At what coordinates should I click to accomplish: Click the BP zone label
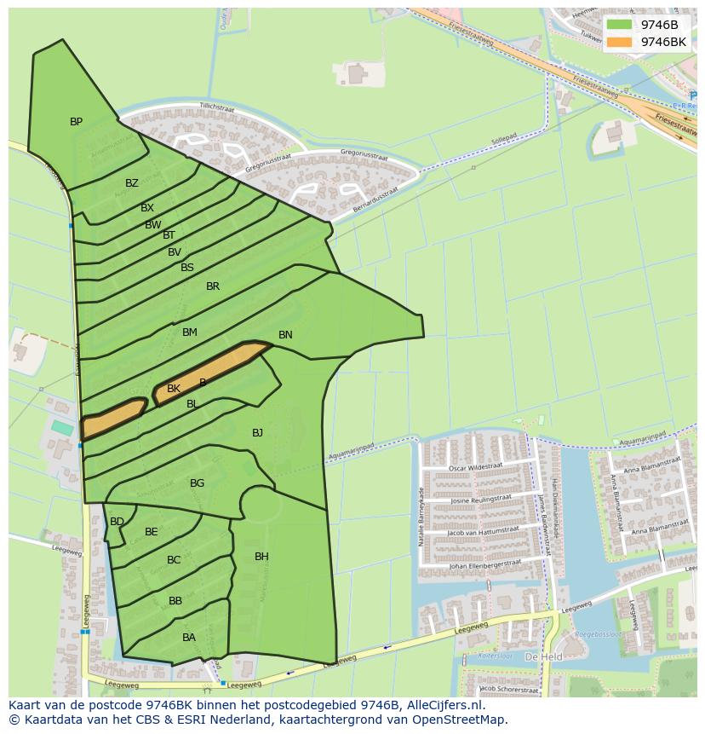click(77, 122)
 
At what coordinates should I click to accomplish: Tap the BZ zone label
click(131, 183)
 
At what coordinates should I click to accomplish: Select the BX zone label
click(147, 208)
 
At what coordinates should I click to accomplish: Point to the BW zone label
click(152, 225)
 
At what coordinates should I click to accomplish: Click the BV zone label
click(175, 252)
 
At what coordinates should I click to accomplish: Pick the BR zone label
click(213, 286)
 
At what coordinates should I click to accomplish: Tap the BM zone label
click(190, 332)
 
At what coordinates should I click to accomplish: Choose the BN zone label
click(285, 335)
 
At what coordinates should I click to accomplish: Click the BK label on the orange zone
click(174, 389)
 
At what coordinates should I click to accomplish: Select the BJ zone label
click(257, 433)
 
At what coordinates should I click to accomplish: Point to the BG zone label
click(197, 483)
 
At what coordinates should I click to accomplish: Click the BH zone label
click(261, 557)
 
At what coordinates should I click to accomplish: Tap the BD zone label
click(117, 522)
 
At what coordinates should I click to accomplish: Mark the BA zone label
click(189, 638)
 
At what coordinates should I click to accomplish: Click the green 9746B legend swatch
click(620, 25)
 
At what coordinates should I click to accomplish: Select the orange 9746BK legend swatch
click(620, 42)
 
